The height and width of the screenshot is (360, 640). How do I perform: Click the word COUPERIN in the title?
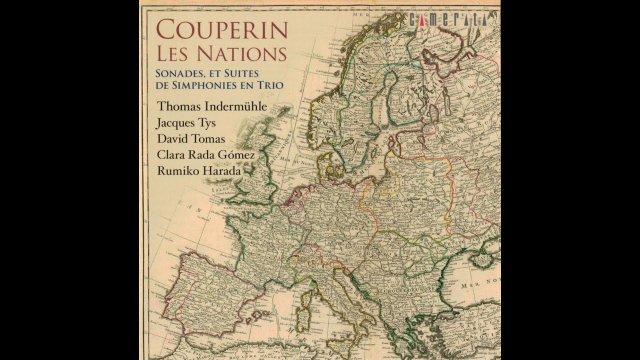pos(221,30)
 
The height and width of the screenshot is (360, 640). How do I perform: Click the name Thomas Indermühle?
pos(212,106)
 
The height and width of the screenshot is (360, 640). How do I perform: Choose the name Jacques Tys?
pos(186,122)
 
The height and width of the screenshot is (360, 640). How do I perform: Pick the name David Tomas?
pos(191,138)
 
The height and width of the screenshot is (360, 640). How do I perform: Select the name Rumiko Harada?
pos(198,171)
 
